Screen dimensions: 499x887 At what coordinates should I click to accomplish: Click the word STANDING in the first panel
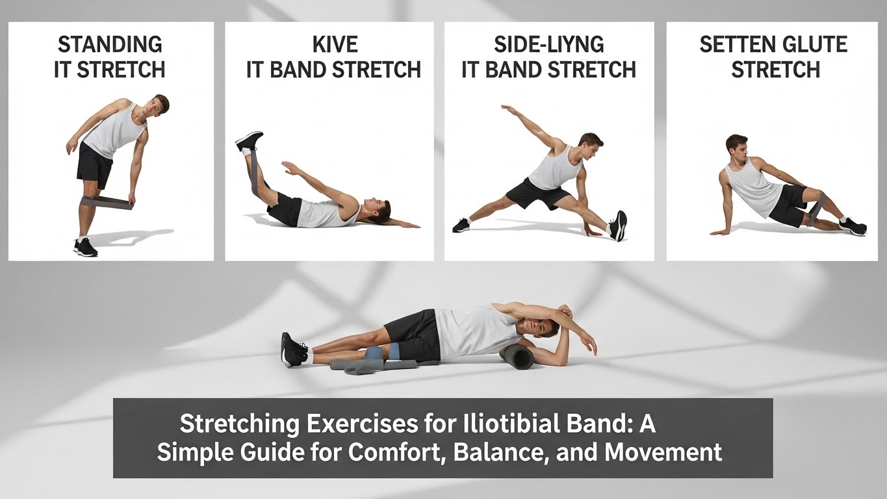[110, 45]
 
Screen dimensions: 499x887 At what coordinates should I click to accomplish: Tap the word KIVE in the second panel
[334, 45]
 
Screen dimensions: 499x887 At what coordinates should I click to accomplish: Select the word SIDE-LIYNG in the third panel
[548, 45]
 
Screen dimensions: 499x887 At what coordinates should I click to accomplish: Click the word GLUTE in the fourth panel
[812, 45]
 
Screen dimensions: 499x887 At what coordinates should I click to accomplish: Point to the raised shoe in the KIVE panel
[249, 140]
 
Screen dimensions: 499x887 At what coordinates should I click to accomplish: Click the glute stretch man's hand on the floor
[719, 231]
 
